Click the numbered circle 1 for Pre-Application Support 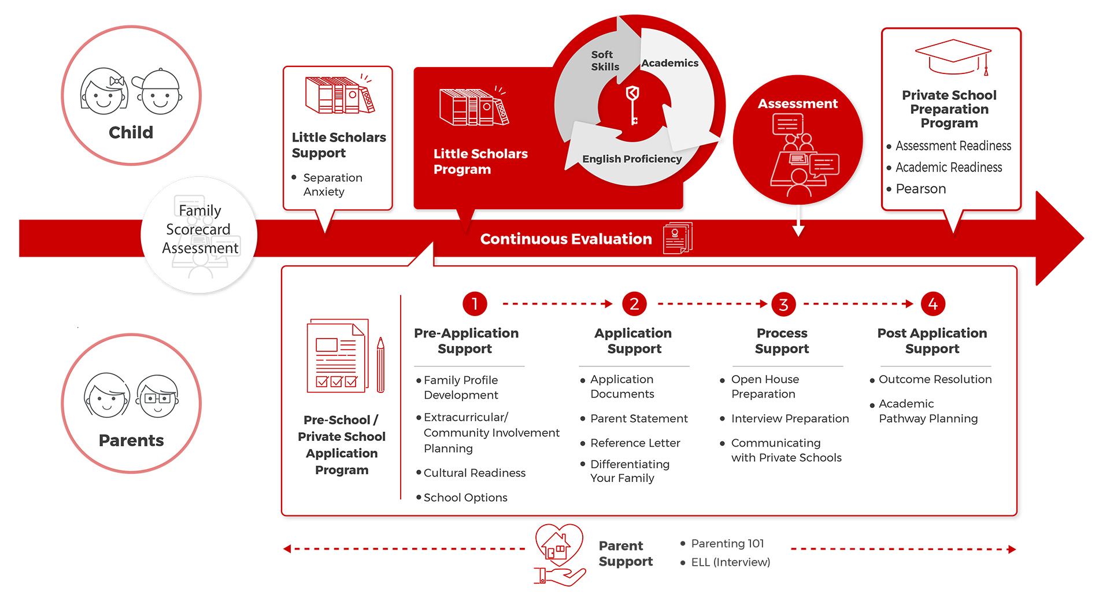tap(475, 304)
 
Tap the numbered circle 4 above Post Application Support tap(933, 304)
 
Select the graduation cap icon tap(953, 57)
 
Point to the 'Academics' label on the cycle tap(669, 63)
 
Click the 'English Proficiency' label tap(632, 159)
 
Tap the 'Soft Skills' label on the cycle tap(605, 61)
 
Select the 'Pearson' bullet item tap(920, 189)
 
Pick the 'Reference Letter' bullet tap(635, 443)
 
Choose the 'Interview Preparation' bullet tap(790, 419)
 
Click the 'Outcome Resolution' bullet tap(935, 380)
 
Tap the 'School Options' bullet tap(465, 498)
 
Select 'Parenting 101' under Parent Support tap(727, 544)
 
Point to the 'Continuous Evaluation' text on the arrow tap(566, 239)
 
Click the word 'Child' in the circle tap(131, 132)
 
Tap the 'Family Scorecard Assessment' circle tap(199, 235)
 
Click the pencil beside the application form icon tap(380, 365)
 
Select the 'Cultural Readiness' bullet tap(474, 473)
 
